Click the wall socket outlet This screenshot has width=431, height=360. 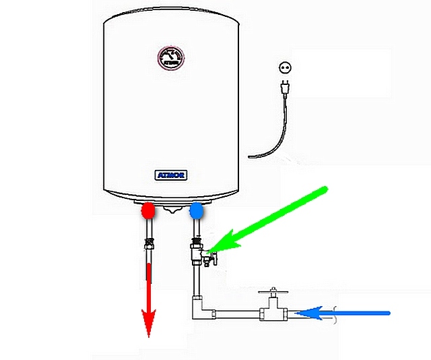(283, 67)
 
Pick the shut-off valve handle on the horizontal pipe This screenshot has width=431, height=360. (271, 293)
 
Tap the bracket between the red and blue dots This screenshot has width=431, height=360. (172, 208)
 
